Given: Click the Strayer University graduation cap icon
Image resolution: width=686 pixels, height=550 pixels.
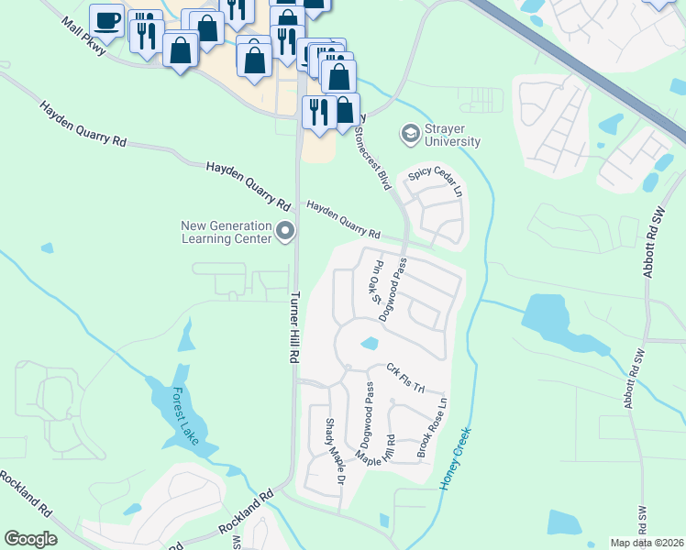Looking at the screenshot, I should (x=408, y=135).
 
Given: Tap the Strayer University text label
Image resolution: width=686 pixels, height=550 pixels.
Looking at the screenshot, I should (x=452, y=135).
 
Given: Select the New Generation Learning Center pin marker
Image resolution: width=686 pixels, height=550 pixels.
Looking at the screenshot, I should (x=285, y=232).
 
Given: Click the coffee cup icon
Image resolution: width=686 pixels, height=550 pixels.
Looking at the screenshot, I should (x=106, y=19).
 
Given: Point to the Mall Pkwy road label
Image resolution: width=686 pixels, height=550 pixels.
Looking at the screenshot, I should (x=83, y=38).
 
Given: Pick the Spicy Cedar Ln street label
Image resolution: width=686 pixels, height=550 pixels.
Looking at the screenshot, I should (x=436, y=174).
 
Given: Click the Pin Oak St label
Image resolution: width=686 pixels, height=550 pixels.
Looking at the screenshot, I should (x=375, y=282).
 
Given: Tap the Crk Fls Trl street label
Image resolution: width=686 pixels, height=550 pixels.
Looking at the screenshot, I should (x=406, y=376).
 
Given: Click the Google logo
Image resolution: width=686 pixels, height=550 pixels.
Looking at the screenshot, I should (x=31, y=539).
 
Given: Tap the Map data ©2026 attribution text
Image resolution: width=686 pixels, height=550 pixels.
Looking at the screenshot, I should (x=646, y=543).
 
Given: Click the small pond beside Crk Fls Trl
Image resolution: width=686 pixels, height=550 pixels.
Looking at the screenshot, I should (x=369, y=345).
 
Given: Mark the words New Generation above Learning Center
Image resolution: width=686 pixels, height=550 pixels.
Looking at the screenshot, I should (x=227, y=225).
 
